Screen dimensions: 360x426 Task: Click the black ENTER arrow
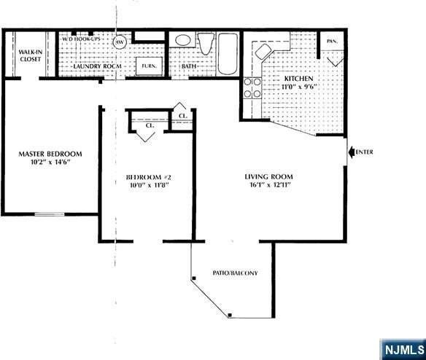coord(354,152)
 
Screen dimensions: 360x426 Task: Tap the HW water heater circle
coord(120,42)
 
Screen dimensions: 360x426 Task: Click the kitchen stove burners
coord(252,88)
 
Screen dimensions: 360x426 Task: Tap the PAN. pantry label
coord(331,42)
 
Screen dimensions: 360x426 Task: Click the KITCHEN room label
coord(299,78)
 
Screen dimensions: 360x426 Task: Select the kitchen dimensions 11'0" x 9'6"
coord(299,87)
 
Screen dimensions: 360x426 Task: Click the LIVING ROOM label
coord(268,176)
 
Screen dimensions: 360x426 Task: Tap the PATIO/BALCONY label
coord(234,273)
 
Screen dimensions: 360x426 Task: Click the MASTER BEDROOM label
coord(50,154)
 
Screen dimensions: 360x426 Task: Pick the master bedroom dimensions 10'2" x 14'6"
coord(50,163)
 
